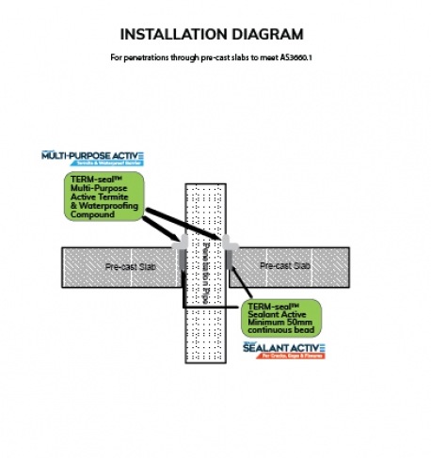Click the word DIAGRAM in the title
tap(265, 36)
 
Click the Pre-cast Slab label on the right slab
tap(287, 267)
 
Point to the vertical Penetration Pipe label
tap(205, 268)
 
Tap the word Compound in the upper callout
tap(93, 215)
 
